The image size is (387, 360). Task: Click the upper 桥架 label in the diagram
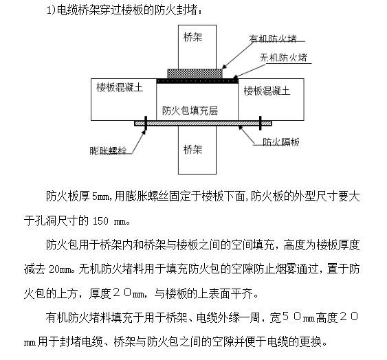[192, 38]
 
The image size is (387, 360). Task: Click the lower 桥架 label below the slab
[192, 150]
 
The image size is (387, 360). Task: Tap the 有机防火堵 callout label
[272, 38]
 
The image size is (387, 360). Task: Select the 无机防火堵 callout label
[284, 58]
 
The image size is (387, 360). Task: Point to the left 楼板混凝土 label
[120, 87]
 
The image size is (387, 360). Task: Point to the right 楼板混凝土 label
[267, 91]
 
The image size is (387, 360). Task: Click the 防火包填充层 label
[190, 111]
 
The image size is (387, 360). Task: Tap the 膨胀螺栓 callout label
[108, 150]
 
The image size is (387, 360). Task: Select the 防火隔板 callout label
[281, 142]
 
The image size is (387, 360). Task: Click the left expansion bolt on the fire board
[146, 123]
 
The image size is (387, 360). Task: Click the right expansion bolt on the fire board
[261, 123]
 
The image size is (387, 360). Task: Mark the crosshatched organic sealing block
[195, 74]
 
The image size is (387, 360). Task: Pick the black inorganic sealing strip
[197, 81]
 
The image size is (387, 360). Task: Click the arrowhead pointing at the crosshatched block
[224, 67]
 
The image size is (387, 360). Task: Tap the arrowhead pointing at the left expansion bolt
[144, 133]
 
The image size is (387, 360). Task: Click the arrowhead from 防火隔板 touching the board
[240, 128]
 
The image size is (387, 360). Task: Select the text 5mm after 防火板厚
[100, 196]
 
